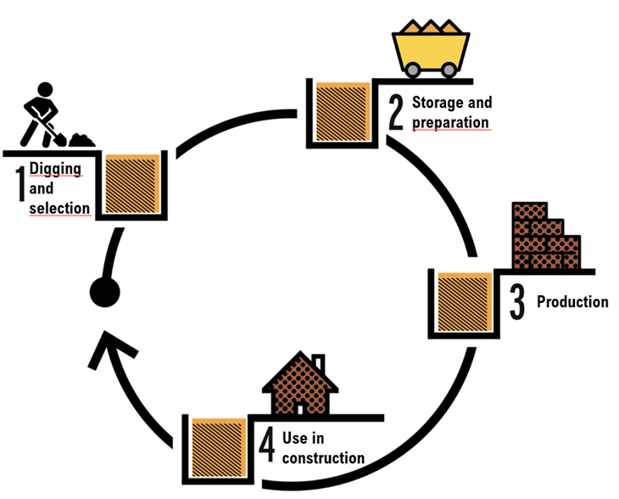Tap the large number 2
pyautogui.click(x=395, y=110)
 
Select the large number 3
pyautogui.click(x=516, y=302)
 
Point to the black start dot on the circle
pyautogui.click(x=104, y=293)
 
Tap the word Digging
pyautogui.click(x=55, y=168)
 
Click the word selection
pyautogui.click(x=59, y=208)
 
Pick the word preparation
pyautogui.click(x=450, y=122)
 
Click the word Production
pyautogui.click(x=572, y=301)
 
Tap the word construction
pyautogui.click(x=322, y=458)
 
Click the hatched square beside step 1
pyautogui.click(x=133, y=182)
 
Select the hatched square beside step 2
pyautogui.click(x=340, y=111)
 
